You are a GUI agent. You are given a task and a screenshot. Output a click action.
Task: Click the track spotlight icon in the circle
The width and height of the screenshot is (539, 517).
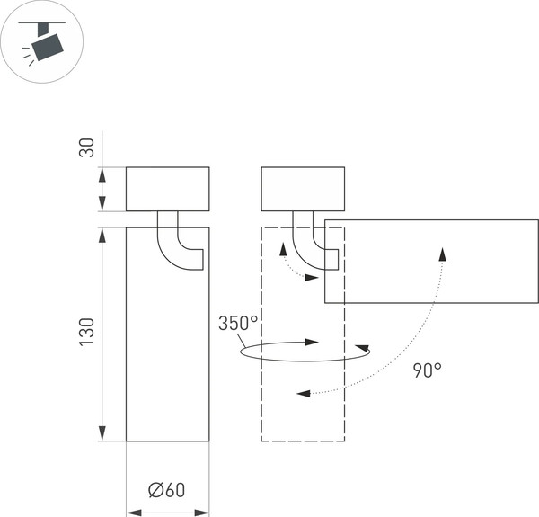click(x=42, y=42)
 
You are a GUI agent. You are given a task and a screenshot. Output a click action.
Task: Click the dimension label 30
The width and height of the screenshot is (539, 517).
click(x=86, y=148)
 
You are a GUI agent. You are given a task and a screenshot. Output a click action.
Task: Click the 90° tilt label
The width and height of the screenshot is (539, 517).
click(x=427, y=370)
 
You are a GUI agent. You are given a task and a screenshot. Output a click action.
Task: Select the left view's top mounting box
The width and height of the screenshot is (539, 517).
click(x=167, y=189)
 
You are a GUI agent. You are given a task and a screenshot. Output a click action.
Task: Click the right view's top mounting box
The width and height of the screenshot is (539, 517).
click(x=303, y=189)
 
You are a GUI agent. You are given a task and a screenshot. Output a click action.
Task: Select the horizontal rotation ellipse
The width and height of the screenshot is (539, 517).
click(x=305, y=352)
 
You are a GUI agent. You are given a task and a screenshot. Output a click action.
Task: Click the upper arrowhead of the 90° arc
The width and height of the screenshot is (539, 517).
click(x=443, y=253)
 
